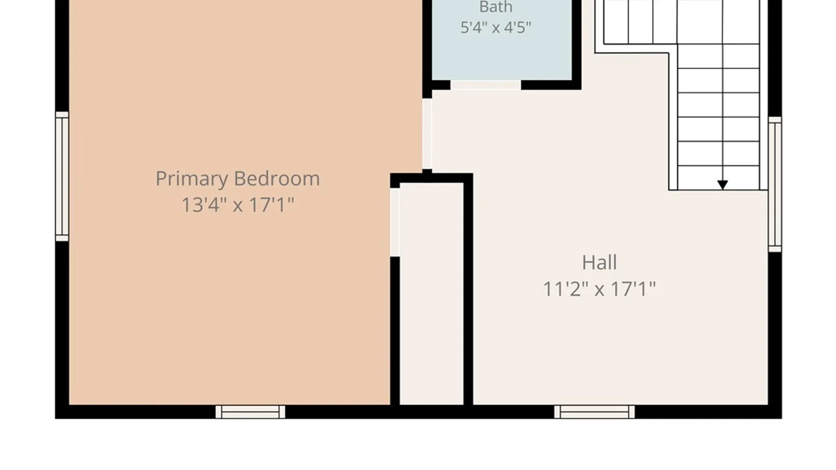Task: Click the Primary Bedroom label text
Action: pos(238,179)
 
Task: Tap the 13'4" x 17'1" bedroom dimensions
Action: pos(238,205)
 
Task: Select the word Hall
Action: pos(600,262)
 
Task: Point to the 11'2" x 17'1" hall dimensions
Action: pos(600,289)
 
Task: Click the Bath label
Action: pos(496,7)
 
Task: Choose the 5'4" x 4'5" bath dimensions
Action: pos(496,28)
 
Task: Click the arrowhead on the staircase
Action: pos(723,185)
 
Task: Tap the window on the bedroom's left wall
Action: pos(62,176)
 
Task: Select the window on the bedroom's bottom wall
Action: pos(250,412)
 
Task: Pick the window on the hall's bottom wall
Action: pos(594,412)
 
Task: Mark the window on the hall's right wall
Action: pos(775,184)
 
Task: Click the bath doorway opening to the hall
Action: pos(485,85)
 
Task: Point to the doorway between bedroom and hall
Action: pos(427,134)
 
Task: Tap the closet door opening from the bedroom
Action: pos(395,222)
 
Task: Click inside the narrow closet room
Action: pos(431,294)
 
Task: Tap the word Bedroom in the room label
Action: pos(277,179)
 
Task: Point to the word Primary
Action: pos(192,179)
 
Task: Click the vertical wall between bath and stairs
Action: pos(576,44)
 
